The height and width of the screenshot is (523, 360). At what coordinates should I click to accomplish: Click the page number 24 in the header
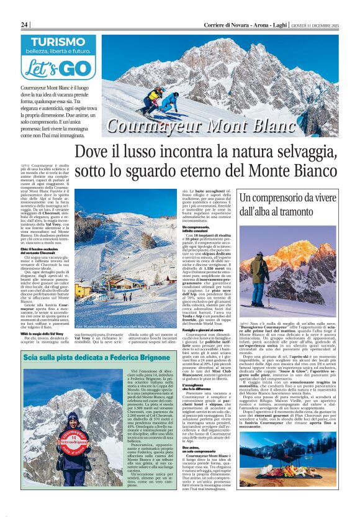[x=25, y=24]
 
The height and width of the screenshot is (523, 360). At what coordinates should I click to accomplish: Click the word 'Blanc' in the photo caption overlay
[x=254, y=125]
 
